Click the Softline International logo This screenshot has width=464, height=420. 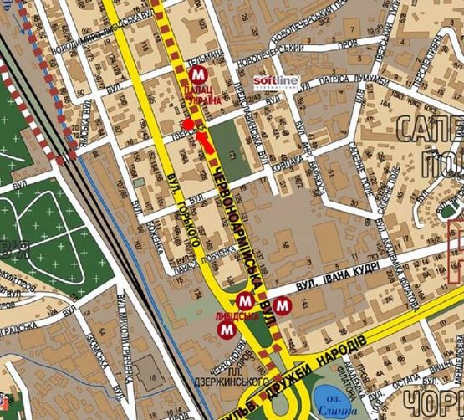[x=276, y=81]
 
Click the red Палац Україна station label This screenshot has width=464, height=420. [x=203, y=94]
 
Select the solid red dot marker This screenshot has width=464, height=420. [x=189, y=125]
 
